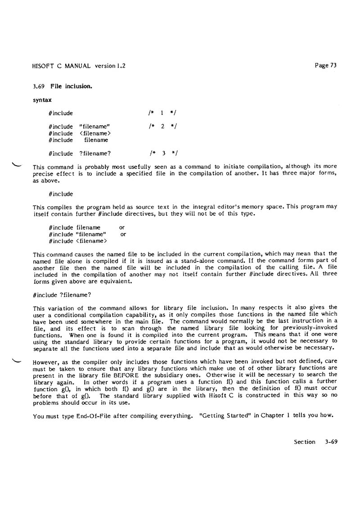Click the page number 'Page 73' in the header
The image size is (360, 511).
tap(326, 65)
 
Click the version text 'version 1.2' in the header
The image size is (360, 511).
tap(110, 66)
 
